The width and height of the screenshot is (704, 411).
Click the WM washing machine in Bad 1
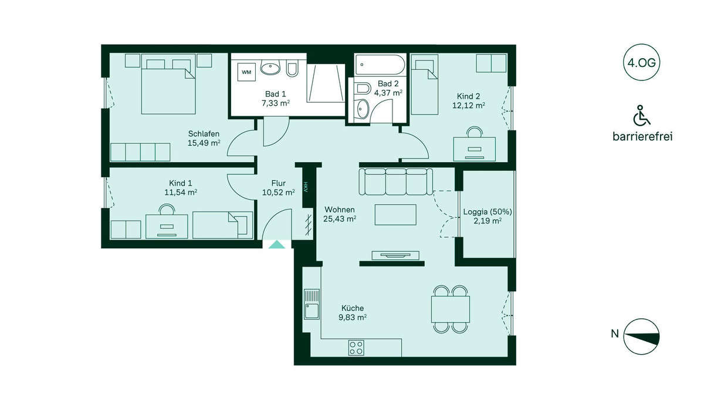tap(246, 72)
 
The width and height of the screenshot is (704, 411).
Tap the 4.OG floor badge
tap(641, 63)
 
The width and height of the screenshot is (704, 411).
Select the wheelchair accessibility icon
tap(641, 116)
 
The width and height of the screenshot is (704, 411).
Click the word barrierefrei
tap(642, 136)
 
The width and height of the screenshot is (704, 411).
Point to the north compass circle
tap(641, 337)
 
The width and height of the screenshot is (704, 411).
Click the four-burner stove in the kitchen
tap(357, 348)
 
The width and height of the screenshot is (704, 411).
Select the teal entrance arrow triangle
tap(276, 245)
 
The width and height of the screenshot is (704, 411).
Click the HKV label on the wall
tap(306, 187)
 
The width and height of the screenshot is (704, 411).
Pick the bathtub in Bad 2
tap(380, 65)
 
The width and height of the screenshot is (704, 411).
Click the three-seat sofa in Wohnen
tap(396, 182)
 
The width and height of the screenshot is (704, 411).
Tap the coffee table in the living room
tap(395, 215)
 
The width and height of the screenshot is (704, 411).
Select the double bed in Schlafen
tap(168, 84)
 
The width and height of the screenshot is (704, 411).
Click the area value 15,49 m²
tap(204, 143)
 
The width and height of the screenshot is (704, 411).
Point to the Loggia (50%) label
tap(488, 212)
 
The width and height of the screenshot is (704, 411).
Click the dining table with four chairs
tap(451, 309)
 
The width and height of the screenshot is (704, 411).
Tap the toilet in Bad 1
tap(292, 69)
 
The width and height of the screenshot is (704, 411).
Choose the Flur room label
tap(279, 183)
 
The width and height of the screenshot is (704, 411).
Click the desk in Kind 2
tap(474, 149)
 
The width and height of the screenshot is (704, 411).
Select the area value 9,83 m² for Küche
tap(353, 317)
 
